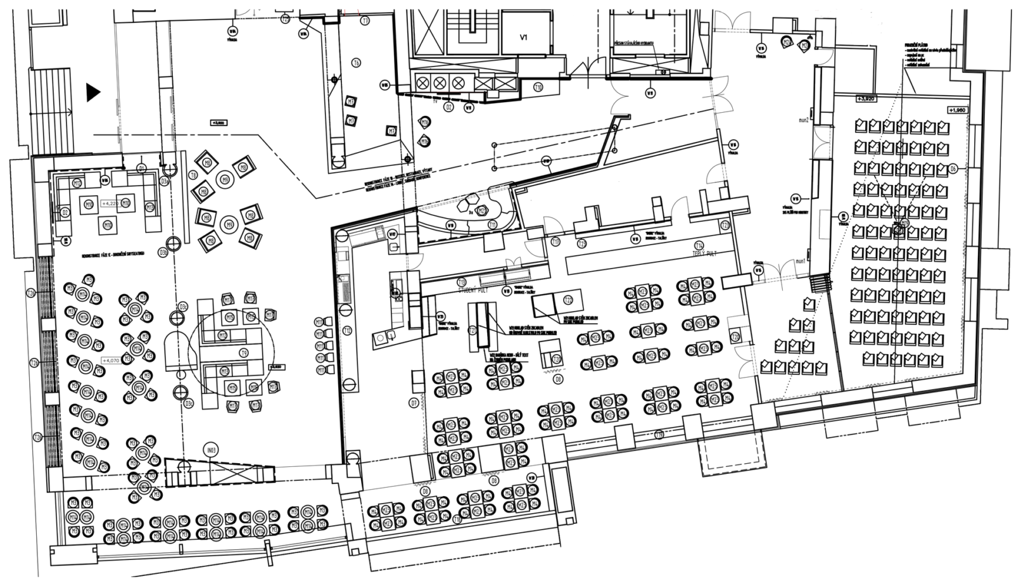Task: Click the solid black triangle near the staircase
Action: [x=93, y=92]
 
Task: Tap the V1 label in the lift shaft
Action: [x=524, y=37]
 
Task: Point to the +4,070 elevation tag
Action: [x=110, y=360]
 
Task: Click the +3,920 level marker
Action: [x=866, y=99]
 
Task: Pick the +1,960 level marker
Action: [x=957, y=110]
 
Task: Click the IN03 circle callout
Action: [x=210, y=450]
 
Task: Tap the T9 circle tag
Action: [x=243, y=352]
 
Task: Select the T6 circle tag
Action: [x=357, y=63]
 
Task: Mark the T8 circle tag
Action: [x=194, y=174]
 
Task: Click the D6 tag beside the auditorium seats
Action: [x=953, y=169]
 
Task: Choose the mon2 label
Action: [x=804, y=120]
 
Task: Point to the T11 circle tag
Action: [x=492, y=225]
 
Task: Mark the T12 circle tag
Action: [x=347, y=331]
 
